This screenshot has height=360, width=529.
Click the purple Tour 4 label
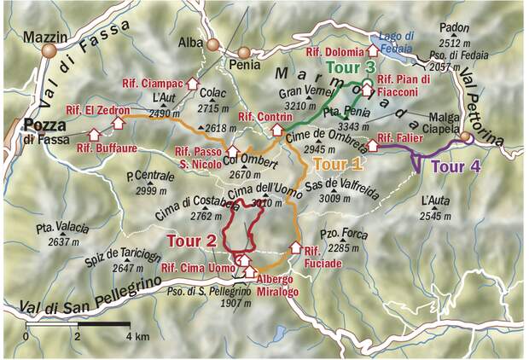(x=449, y=167)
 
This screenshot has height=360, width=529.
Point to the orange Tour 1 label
(x=338, y=163)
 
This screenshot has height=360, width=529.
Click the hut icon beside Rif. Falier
(x=372, y=145)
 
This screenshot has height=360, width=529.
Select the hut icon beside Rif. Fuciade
(x=296, y=248)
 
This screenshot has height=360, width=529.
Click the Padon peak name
(x=456, y=27)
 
